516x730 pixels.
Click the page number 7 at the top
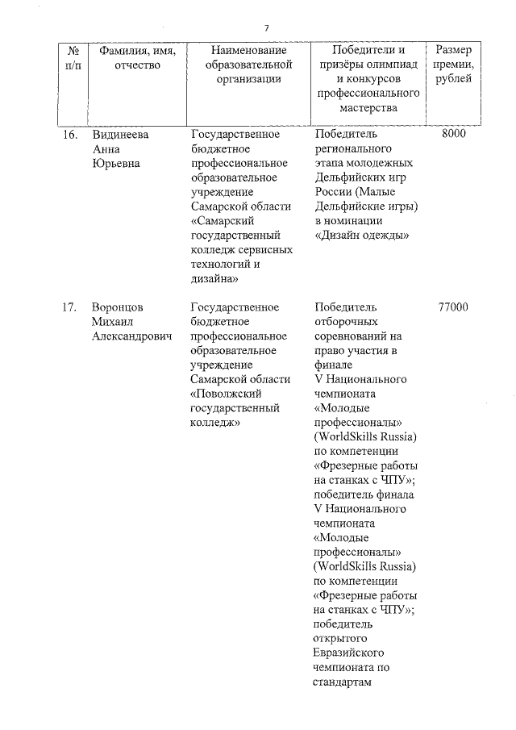tap(266, 29)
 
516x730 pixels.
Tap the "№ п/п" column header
tap(72, 57)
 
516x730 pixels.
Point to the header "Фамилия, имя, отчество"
tap(134, 57)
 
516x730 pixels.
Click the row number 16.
tap(69, 135)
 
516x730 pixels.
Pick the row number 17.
tap(69, 307)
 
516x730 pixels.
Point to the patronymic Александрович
tap(132, 336)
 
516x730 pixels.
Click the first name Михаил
tap(114, 322)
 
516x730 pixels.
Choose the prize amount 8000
tap(454, 135)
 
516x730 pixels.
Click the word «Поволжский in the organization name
tap(231, 394)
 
